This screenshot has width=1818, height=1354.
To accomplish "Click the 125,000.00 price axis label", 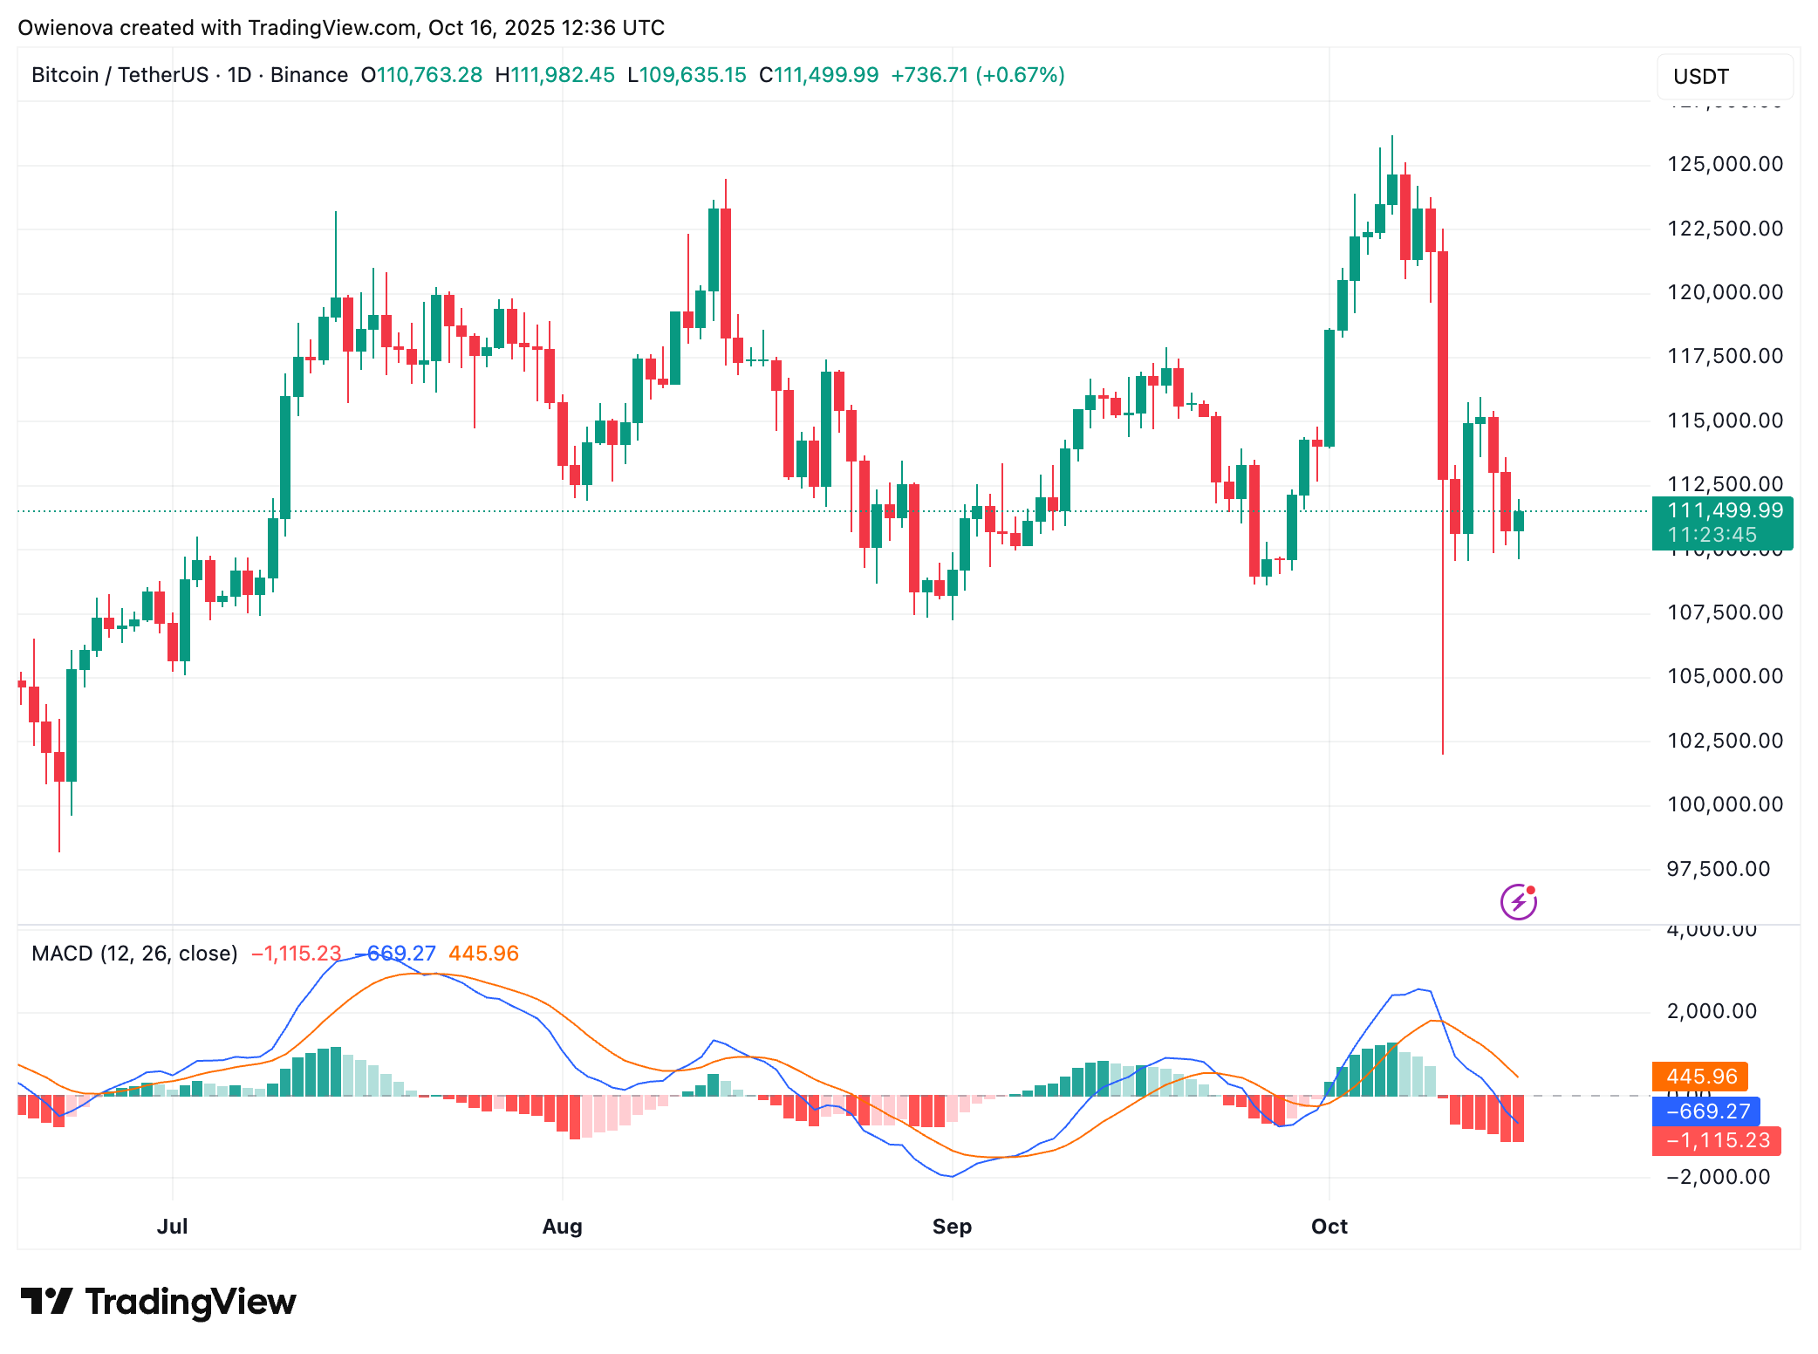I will click(x=1725, y=164).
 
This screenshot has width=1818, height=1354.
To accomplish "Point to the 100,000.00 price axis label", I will click(x=1725, y=804).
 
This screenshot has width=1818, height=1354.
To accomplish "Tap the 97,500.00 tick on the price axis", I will click(x=1718, y=869).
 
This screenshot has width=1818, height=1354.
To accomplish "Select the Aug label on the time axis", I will click(x=562, y=1227).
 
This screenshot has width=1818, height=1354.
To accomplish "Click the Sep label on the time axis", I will click(x=952, y=1227).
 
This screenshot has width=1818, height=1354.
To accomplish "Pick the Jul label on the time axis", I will click(x=172, y=1227).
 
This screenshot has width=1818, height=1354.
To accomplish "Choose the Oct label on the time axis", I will click(x=1329, y=1227).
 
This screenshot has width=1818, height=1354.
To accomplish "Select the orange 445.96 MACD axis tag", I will click(x=1700, y=1077).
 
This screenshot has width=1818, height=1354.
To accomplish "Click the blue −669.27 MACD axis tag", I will click(x=1705, y=1111).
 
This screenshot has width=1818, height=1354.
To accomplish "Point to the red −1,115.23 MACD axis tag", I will click(x=1716, y=1140).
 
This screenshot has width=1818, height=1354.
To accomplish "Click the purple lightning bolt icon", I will click(x=1518, y=902).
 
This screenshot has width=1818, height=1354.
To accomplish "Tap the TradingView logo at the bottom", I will click(x=158, y=1302).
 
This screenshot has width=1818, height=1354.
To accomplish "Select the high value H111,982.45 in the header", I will click(x=555, y=75).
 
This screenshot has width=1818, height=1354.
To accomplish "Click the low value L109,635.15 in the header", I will click(x=687, y=75).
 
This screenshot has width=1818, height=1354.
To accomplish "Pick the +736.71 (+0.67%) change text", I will click(x=977, y=75).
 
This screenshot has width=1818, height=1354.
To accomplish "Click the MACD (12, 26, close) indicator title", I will click(x=134, y=954).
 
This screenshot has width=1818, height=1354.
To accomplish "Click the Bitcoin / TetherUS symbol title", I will click(x=120, y=75).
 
